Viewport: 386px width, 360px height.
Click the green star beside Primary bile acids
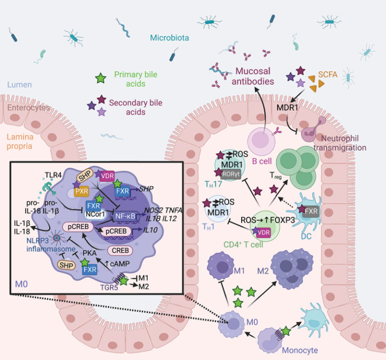102,78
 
